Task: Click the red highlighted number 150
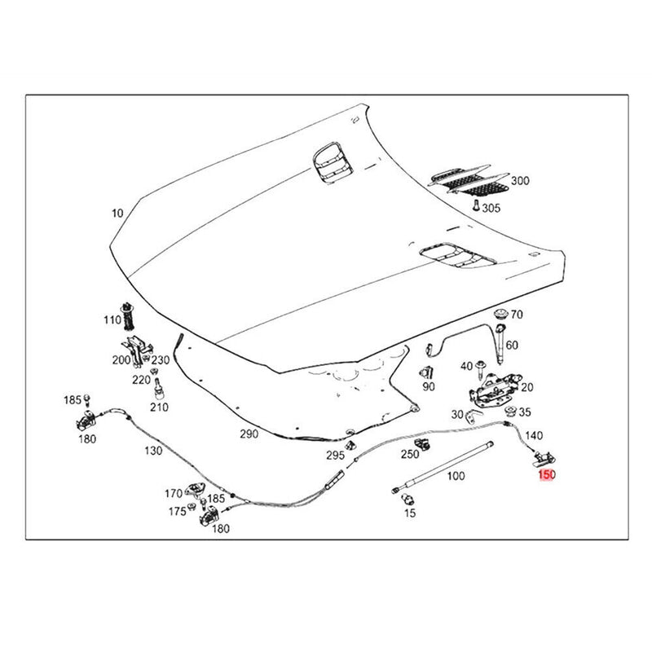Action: tap(546, 474)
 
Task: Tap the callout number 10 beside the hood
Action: tap(117, 214)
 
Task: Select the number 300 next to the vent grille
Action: tap(519, 181)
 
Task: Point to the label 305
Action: tap(491, 209)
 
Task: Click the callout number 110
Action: tap(112, 320)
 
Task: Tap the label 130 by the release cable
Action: tap(152, 451)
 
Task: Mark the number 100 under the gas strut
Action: tap(456, 476)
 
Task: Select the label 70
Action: tap(517, 315)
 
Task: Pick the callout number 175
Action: tap(177, 512)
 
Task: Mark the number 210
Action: tap(159, 407)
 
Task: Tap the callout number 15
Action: tap(410, 513)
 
